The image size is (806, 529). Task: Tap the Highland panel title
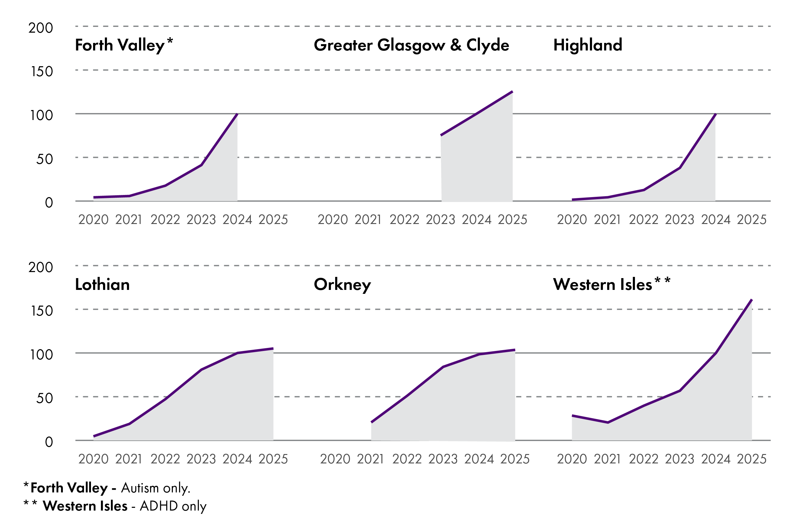(x=588, y=45)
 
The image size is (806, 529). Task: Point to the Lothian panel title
(x=102, y=284)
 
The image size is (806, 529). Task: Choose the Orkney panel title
(x=342, y=284)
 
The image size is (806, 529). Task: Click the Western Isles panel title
(x=603, y=284)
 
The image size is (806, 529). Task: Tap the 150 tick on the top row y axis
(x=42, y=71)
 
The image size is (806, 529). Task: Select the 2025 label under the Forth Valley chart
(x=273, y=220)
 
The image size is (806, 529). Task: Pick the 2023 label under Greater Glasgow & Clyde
(x=440, y=220)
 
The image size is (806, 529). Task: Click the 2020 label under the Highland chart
(x=572, y=220)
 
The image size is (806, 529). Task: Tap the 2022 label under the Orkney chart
(x=407, y=459)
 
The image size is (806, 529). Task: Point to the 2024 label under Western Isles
(x=716, y=459)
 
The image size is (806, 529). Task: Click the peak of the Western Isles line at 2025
(x=752, y=300)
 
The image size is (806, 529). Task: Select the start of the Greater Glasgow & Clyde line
(x=441, y=135)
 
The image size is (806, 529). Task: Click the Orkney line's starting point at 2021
(x=371, y=422)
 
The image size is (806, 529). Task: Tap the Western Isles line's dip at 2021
(x=608, y=423)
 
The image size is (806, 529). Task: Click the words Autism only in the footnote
(x=156, y=488)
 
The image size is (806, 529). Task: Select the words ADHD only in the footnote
(x=173, y=506)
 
